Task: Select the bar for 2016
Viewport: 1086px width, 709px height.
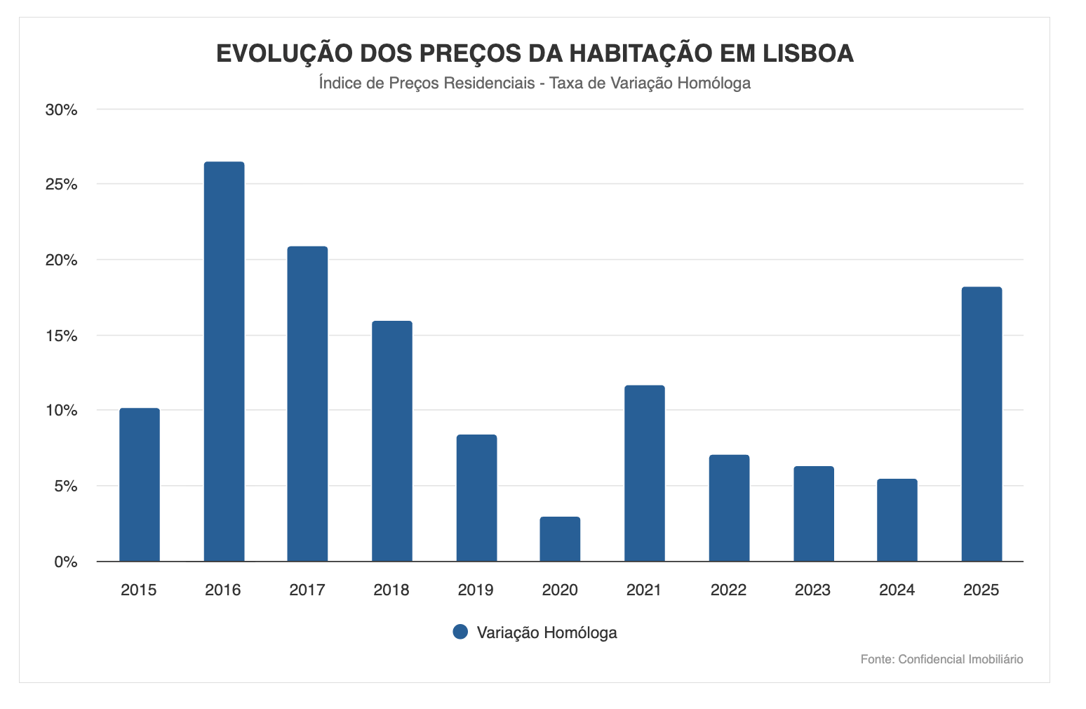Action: tap(224, 362)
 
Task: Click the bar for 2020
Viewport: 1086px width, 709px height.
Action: tap(560, 539)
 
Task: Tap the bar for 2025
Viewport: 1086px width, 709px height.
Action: tap(981, 424)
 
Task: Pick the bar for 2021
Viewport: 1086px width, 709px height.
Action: tap(644, 473)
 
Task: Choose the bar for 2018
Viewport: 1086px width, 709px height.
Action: tap(391, 441)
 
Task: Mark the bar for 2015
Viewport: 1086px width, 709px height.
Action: tap(139, 484)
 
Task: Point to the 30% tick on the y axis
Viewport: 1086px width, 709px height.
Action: tap(61, 110)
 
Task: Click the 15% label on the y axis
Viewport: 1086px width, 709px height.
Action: tap(61, 336)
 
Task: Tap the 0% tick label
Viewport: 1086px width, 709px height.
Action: tap(65, 562)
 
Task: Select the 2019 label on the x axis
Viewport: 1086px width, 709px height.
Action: tap(476, 590)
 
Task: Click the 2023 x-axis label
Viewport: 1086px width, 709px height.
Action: tap(812, 590)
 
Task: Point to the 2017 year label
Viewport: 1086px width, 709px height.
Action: tap(307, 590)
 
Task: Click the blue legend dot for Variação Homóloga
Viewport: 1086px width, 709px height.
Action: tap(460, 632)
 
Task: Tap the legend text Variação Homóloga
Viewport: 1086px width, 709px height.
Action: tap(547, 632)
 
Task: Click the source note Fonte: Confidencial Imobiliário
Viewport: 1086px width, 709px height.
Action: tap(941, 659)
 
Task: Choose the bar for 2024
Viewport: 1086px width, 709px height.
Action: tap(897, 520)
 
